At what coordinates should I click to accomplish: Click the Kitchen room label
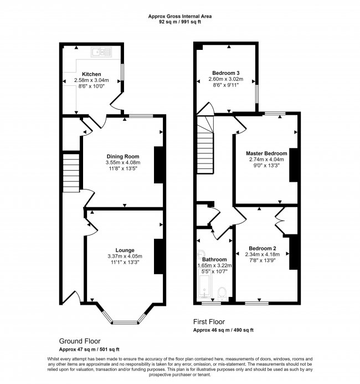[91, 74]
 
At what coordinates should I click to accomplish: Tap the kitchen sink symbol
[101, 52]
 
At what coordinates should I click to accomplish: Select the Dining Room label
[123, 156]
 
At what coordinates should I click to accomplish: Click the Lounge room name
[125, 250]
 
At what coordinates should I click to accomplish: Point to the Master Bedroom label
[266, 153]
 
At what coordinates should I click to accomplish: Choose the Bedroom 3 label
[226, 73]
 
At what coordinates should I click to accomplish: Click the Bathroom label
[214, 259]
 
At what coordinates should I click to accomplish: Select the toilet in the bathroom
[223, 293]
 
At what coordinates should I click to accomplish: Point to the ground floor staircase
[71, 173]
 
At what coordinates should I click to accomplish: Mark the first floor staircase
[205, 145]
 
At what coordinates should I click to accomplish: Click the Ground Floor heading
[80, 341]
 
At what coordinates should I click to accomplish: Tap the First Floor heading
[209, 321]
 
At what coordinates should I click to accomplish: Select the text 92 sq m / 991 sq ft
[180, 22]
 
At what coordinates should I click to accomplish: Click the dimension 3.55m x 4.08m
[123, 162]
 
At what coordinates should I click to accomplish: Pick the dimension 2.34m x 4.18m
[263, 254]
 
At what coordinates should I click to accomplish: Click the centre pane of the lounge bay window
[125, 322]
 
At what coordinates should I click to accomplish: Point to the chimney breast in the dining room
[158, 165]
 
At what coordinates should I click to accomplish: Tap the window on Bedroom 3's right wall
[257, 94]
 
